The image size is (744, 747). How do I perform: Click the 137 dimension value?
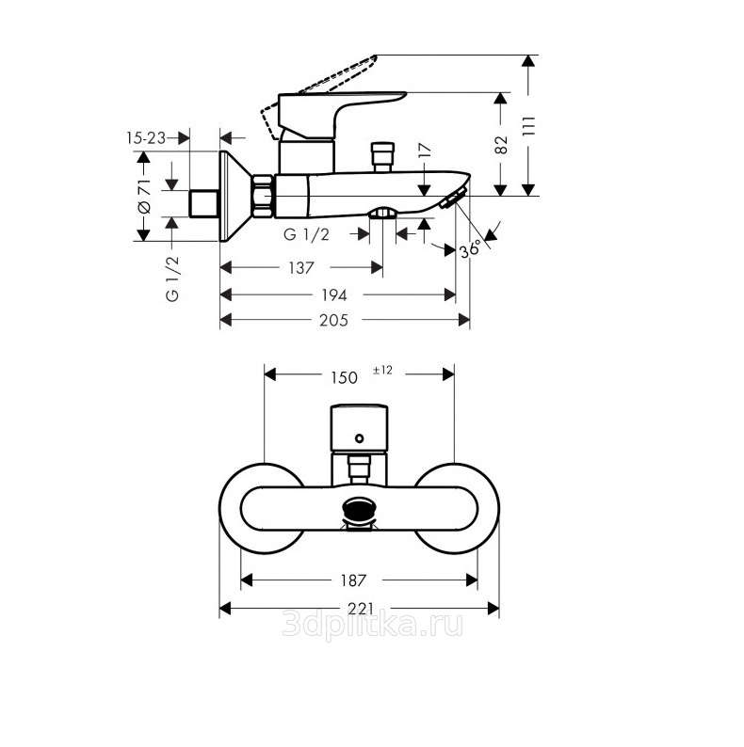tap(301, 268)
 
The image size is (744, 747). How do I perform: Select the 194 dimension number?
tap(333, 295)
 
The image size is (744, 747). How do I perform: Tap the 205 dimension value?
tap(333, 320)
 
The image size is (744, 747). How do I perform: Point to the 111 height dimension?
tap(529, 126)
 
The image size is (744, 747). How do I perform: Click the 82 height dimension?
tap(501, 145)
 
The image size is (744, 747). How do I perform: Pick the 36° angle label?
tap(470, 249)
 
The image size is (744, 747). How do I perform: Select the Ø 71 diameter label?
tap(143, 196)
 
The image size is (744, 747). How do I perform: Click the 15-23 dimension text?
tap(146, 138)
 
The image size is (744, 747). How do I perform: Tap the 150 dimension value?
tap(344, 378)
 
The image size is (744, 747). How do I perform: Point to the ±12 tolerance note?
tap(382, 370)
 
